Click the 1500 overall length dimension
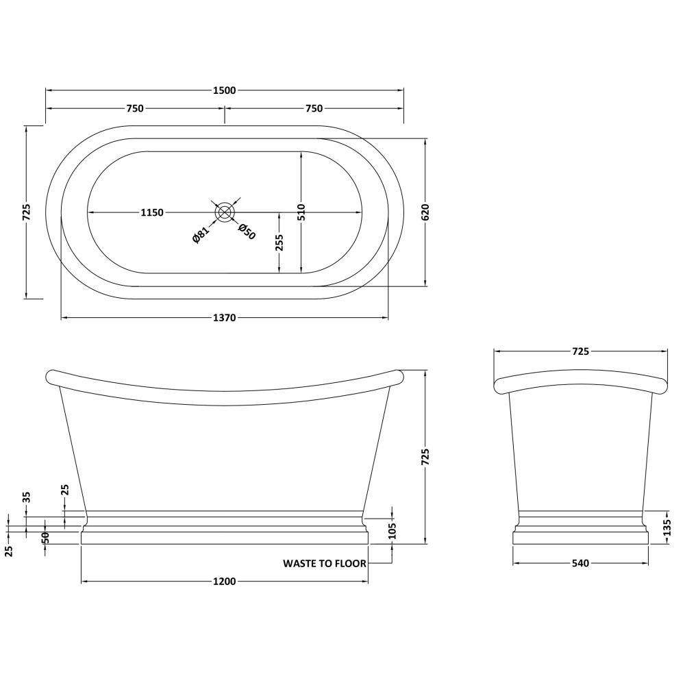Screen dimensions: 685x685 coord(225,90)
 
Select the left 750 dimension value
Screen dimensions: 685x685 coord(135,108)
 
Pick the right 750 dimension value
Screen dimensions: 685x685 coord(314,108)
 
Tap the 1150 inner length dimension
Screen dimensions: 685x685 coord(152,213)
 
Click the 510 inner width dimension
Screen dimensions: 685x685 coord(301,212)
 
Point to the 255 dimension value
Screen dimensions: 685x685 coord(279,243)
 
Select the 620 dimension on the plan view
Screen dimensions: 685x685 coord(426,212)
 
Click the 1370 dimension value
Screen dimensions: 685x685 coord(225,318)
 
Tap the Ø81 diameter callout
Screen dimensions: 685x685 coord(201,234)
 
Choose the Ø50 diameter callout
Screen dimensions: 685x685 coord(247,232)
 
